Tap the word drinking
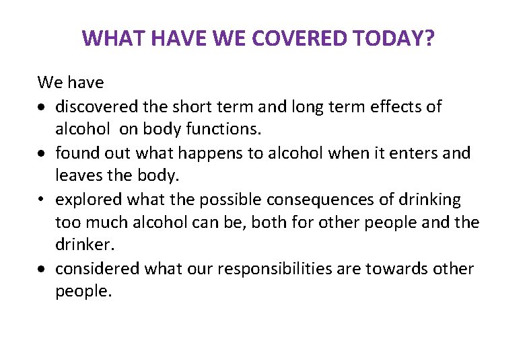click(431, 200)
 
